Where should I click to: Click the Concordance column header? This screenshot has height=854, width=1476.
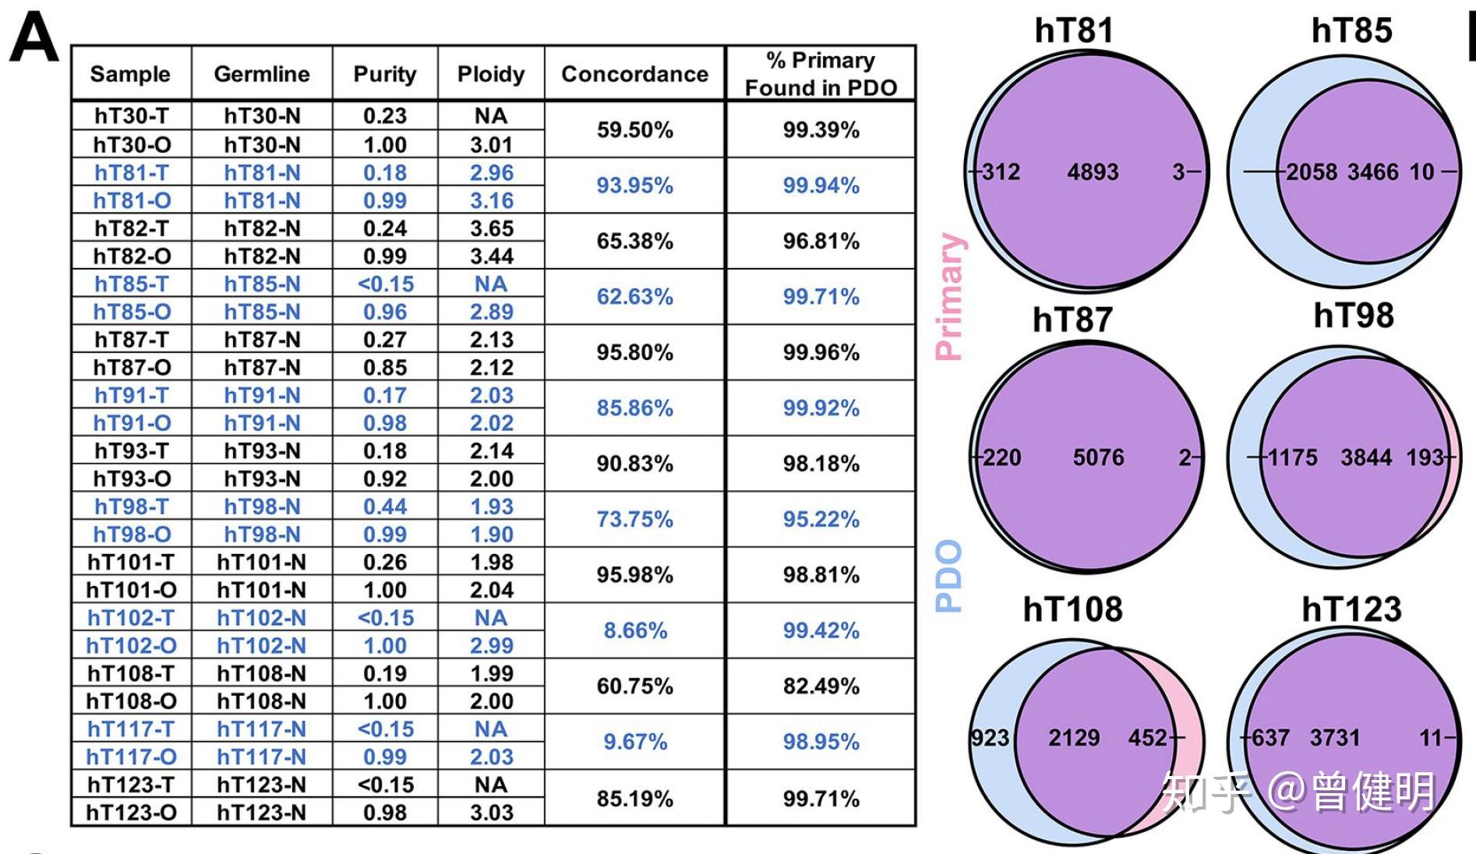click(x=634, y=74)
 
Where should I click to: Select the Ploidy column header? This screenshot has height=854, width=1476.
click(x=491, y=74)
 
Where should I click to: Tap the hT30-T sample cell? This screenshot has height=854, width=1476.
click(x=131, y=116)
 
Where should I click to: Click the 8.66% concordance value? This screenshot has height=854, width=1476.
click(x=635, y=630)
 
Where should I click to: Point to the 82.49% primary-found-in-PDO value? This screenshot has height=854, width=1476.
click(x=821, y=686)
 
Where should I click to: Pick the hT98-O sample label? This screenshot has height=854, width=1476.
click(x=131, y=535)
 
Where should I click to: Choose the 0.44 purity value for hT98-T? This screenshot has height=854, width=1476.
click(x=385, y=506)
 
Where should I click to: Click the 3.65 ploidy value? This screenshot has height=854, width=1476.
click(x=491, y=228)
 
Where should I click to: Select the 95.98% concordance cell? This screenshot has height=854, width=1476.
click(x=635, y=575)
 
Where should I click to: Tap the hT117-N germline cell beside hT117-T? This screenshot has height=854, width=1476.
click(x=262, y=729)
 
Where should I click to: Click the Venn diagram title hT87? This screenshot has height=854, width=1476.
click(x=1072, y=319)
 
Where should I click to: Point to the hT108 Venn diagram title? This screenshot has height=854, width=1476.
click(x=1072, y=609)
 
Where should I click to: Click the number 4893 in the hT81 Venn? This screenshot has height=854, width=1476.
click(x=1093, y=171)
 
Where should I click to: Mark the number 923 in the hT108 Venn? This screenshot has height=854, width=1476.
click(x=990, y=738)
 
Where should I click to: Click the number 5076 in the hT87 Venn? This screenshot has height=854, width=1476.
click(x=1098, y=457)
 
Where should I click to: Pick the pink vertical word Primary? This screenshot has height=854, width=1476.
click(x=949, y=296)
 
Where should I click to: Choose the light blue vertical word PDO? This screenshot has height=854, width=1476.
click(x=949, y=577)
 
